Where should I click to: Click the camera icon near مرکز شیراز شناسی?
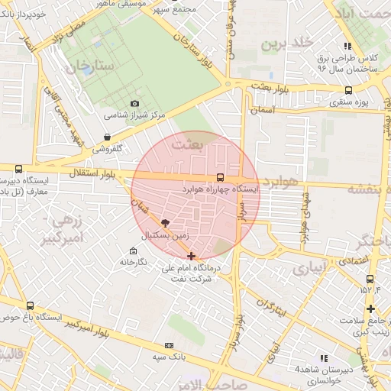tap(135, 103)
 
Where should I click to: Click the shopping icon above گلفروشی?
tap(106, 137)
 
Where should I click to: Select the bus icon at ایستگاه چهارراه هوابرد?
tap(221, 177)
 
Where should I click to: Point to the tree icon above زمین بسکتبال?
tap(166, 221)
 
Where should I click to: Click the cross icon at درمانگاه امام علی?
tap(191, 255)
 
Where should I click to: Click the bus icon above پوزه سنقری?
tap(349, 90)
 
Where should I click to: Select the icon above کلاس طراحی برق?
tap(347, 47)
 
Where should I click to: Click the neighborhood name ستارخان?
tap(89, 69)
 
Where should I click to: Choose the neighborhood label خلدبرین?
tap(288, 43)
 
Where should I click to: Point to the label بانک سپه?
tap(170, 357)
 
